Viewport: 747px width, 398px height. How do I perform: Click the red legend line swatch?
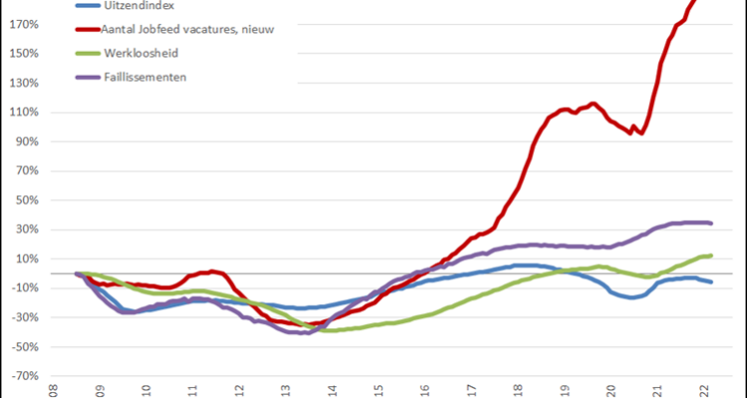tap(87, 29)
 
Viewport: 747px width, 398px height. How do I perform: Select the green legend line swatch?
tap(87, 53)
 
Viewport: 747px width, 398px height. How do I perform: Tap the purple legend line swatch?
tap(87, 76)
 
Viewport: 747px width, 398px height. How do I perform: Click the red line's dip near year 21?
tap(641, 132)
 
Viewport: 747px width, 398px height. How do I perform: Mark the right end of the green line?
tap(710, 256)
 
